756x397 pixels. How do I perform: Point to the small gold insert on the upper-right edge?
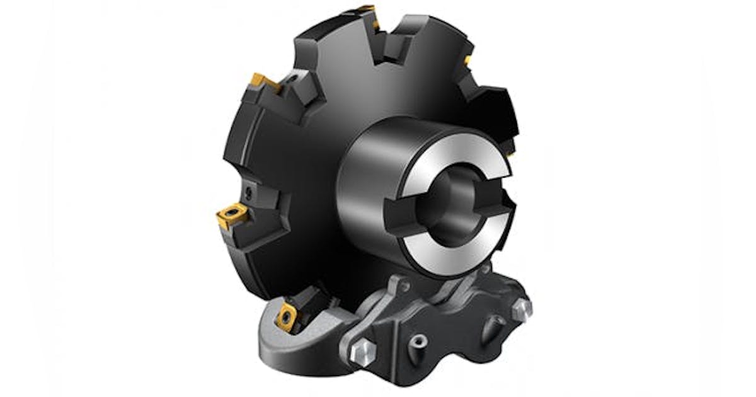point(467,60)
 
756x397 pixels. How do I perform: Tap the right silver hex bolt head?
point(522,308)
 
